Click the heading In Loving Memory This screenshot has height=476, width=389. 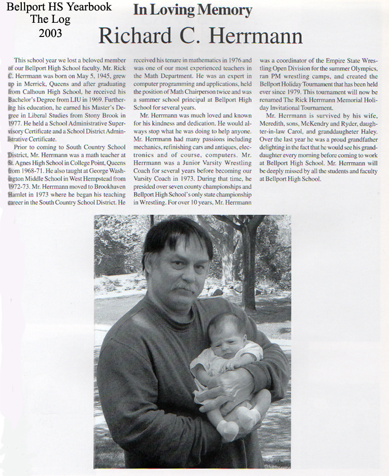point(192,10)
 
